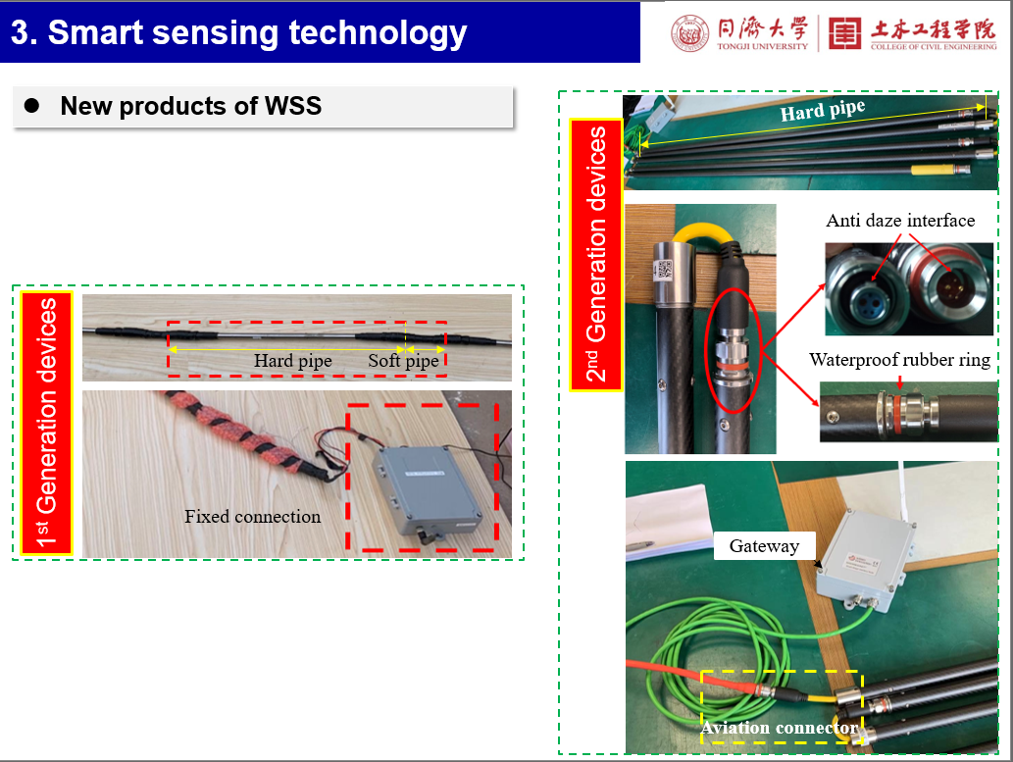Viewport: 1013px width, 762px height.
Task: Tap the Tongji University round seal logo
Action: (689, 33)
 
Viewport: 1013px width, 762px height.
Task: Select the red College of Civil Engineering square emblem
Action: (844, 33)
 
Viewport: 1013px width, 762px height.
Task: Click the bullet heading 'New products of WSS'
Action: (190, 106)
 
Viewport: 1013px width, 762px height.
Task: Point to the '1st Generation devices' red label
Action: (46, 423)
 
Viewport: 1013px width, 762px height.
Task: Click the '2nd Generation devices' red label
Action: (595, 255)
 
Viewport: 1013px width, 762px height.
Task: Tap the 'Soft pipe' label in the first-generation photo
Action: (403, 361)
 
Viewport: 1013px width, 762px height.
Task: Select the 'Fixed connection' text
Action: (253, 517)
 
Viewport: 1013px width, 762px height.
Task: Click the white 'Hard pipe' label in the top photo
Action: (823, 111)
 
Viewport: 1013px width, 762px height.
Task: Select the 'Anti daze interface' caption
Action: (900, 221)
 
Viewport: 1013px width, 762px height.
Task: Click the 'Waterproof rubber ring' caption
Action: (899, 359)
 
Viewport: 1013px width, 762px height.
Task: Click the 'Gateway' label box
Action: (764, 546)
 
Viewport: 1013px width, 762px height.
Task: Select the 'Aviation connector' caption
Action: (780, 728)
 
